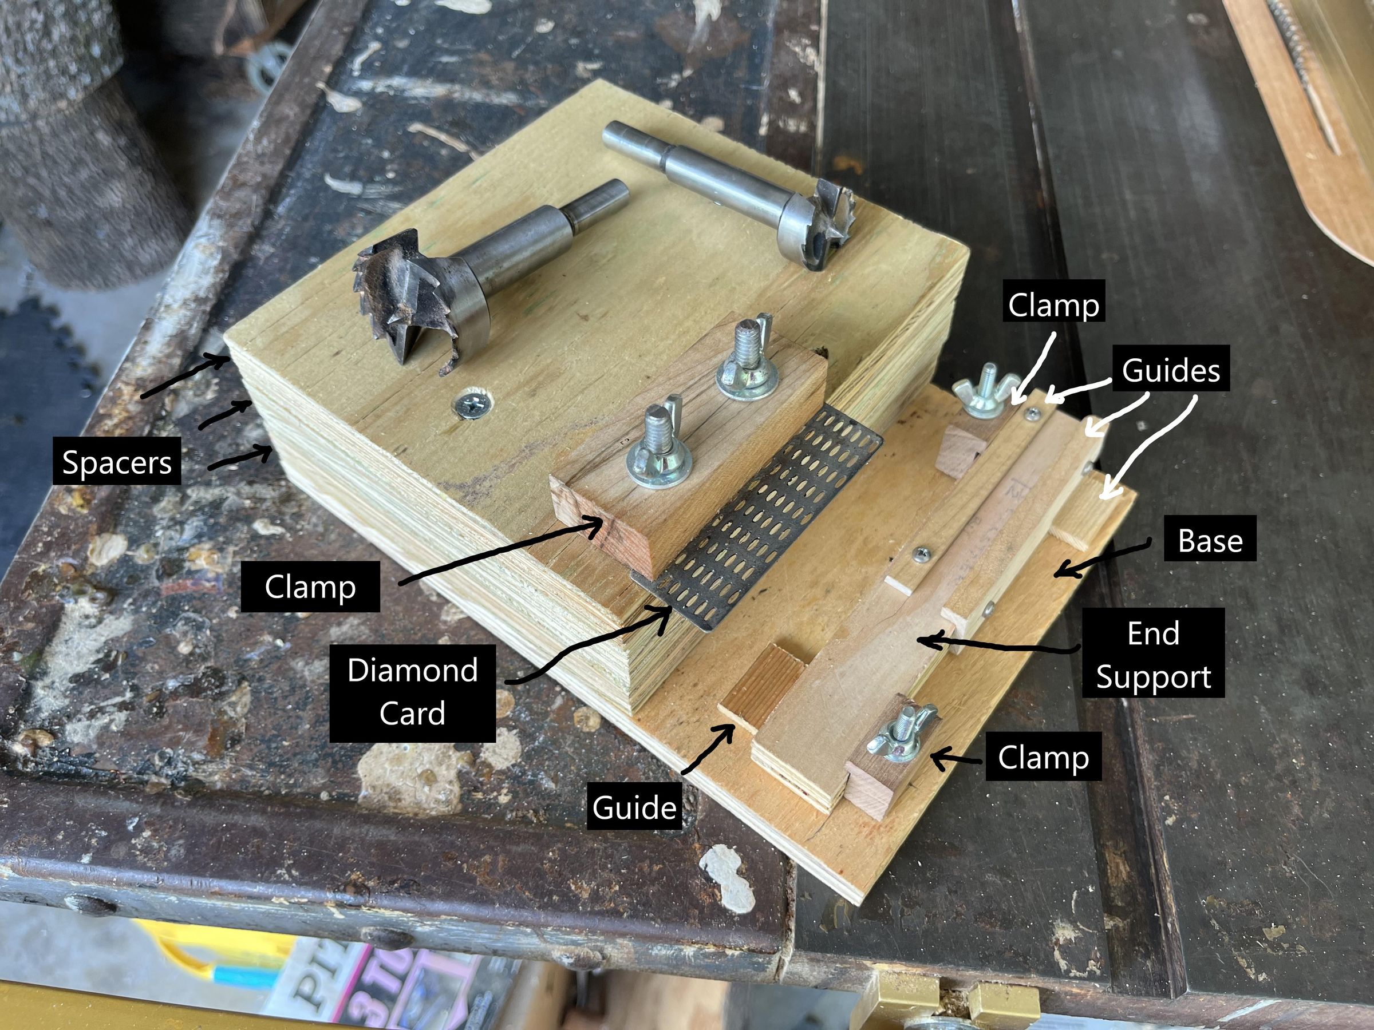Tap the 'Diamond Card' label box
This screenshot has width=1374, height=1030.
click(x=412, y=692)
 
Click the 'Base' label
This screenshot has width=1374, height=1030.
click(x=1210, y=540)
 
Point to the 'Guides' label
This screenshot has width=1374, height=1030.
click(x=1170, y=370)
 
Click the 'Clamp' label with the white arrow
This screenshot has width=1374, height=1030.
click(x=1053, y=305)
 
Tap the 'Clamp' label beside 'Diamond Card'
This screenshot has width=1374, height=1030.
click(x=310, y=587)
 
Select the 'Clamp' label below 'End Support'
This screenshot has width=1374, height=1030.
click(x=1043, y=757)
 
